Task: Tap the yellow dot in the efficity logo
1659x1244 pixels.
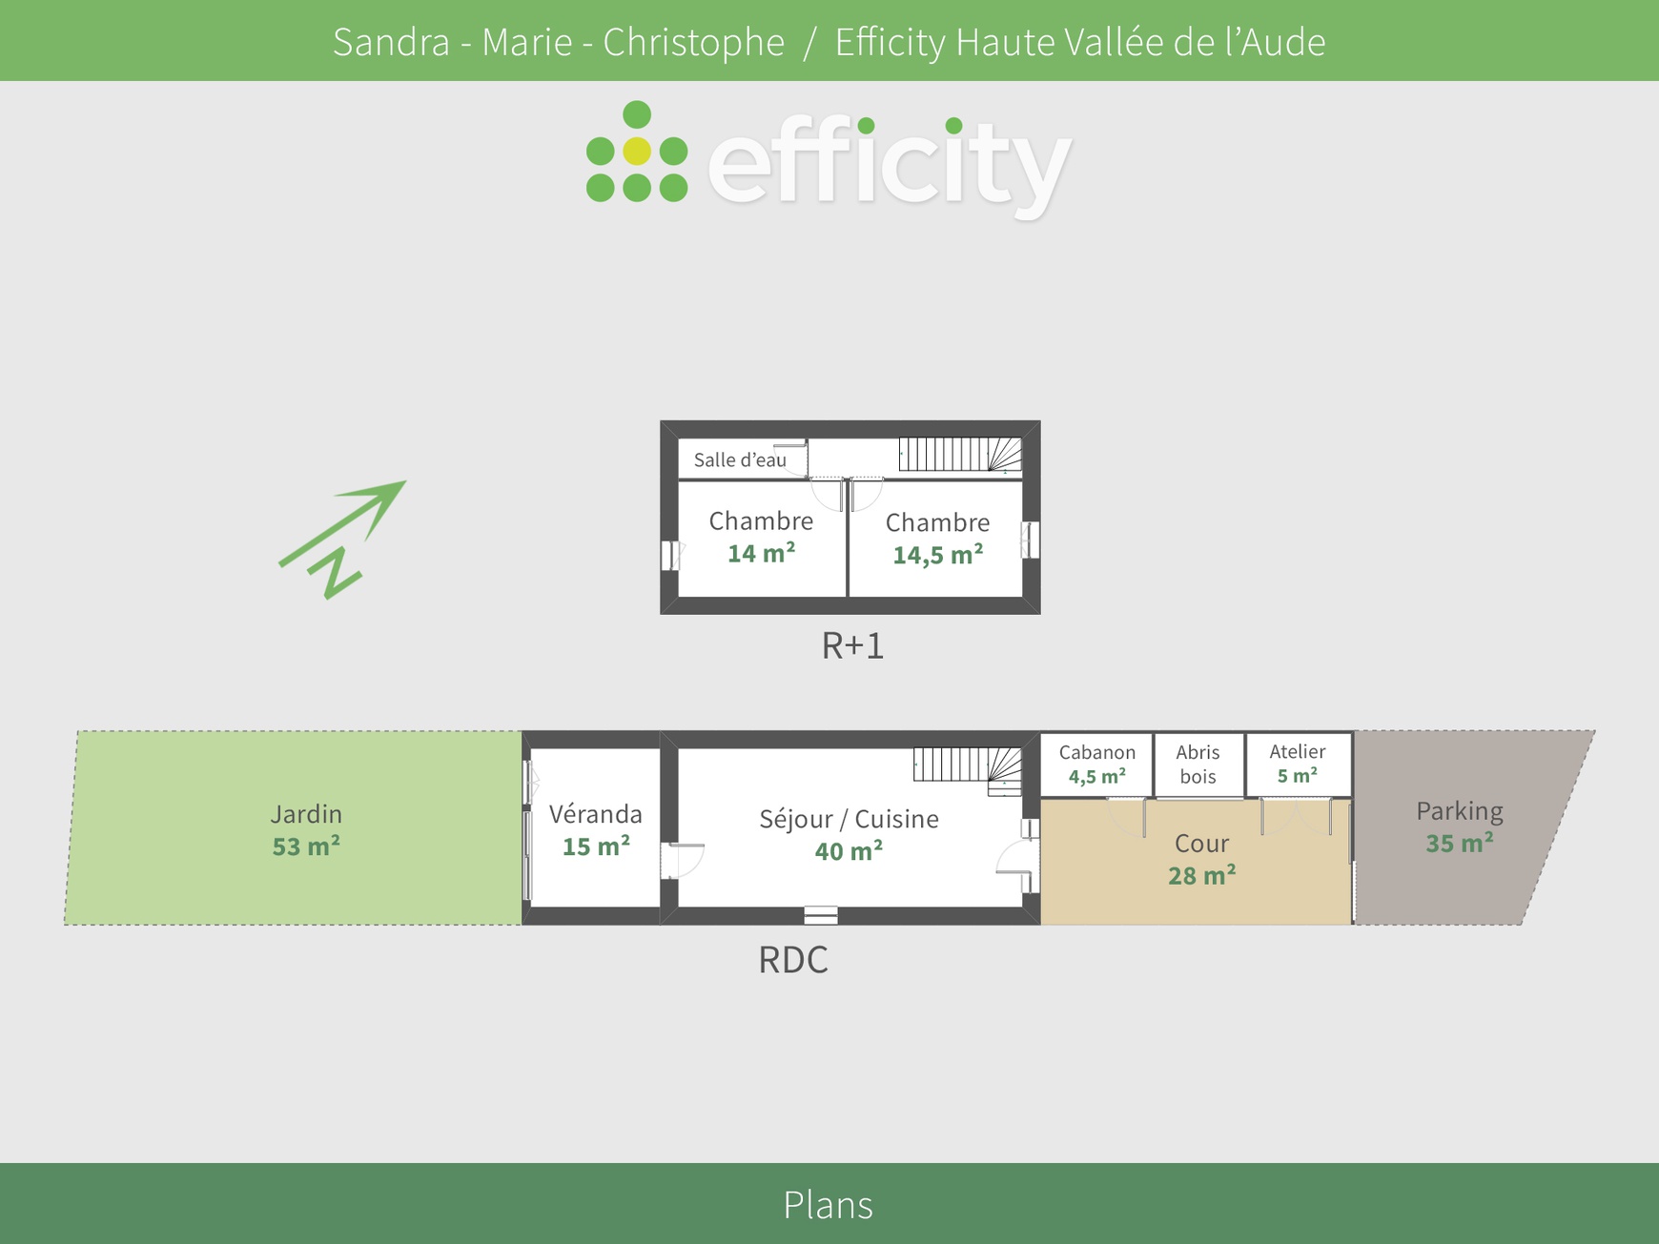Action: [637, 151]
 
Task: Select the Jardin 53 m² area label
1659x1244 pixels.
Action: [306, 829]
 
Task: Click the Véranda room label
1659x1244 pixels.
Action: [596, 814]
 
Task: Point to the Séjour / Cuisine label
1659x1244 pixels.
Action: [849, 819]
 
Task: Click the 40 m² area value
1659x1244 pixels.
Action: [849, 850]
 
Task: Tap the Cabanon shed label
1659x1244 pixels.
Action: [1097, 752]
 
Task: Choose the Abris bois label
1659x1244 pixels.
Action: [1198, 765]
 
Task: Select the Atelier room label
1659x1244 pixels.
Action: [1298, 751]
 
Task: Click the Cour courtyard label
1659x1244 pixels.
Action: [1202, 844]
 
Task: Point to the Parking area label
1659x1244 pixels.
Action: [1460, 811]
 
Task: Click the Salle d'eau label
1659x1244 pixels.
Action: [740, 459]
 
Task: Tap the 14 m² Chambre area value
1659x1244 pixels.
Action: [761, 553]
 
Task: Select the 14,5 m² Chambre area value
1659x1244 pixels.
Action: [938, 555]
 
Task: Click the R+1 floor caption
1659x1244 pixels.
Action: [852, 646]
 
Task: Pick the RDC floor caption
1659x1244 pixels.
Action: [793, 960]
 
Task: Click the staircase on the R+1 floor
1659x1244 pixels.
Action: [960, 455]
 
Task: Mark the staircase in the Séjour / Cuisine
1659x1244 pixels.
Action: [968, 770]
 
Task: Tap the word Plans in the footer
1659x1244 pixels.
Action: [828, 1205]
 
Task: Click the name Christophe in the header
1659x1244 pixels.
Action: [694, 43]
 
